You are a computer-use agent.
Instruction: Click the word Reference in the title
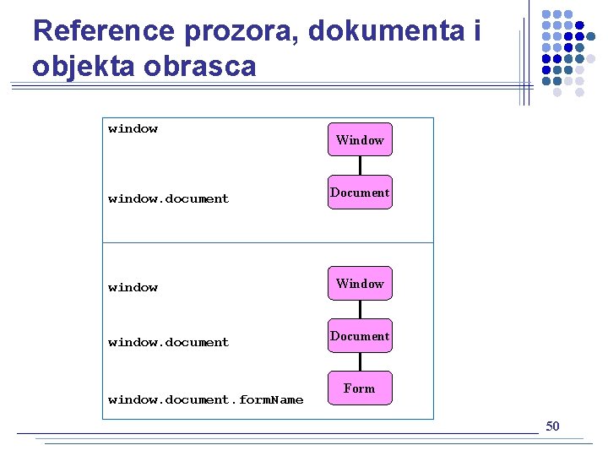pyautogui.click(x=102, y=31)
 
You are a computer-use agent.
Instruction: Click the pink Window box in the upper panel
pyautogui.click(x=360, y=140)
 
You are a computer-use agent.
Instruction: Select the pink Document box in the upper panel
pyautogui.click(x=360, y=193)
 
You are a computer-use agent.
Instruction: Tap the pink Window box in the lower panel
pyautogui.click(x=360, y=284)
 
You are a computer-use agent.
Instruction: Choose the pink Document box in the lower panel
pyautogui.click(x=360, y=336)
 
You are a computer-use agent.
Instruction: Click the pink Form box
pyautogui.click(x=360, y=388)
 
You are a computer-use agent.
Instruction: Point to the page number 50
pyautogui.click(x=552, y=426)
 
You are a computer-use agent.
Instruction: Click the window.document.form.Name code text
pyautogui.click(x=205, y=399)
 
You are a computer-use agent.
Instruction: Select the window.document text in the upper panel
pyautogui.click(x=168, y=199)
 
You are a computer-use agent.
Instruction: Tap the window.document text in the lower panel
pyautogui.click(x=168, y=343)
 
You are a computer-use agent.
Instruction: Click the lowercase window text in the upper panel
pyautogui.click(x=133, y=129)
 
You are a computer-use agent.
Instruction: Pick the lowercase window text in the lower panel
pyautogui.click(x=133, y=288)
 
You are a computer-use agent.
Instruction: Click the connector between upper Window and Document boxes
pyautogui.click(x=360, y=166)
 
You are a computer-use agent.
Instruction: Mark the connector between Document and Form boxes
pyautogui.click(x=360, y=362)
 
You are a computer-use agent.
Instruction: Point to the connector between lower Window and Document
pyautogui.click(x=360, y=310)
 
